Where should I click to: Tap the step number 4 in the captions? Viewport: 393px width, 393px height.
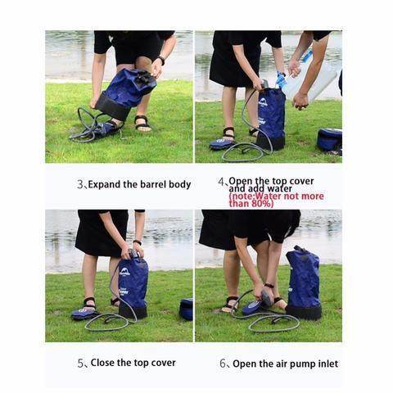221,182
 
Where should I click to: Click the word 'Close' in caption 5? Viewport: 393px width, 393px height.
102,363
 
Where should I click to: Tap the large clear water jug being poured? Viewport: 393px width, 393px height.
315,78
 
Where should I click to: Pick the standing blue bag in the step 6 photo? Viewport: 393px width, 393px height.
303,282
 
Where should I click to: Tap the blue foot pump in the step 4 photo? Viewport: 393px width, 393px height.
223,142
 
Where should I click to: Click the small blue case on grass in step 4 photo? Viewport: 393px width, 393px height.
329,139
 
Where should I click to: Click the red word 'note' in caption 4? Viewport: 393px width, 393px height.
243,196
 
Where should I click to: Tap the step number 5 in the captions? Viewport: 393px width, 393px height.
81,363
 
